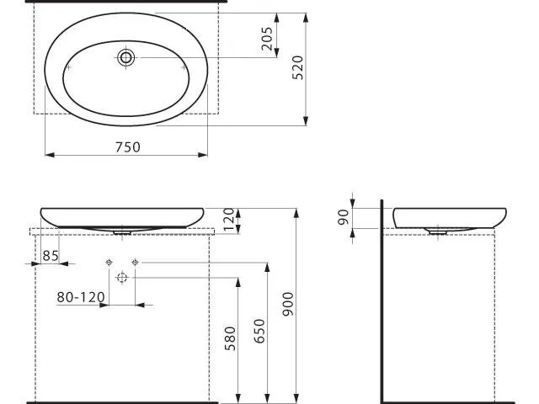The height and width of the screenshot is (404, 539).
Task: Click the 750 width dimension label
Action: (x=128, y=147)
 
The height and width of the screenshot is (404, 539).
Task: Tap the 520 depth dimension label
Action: (x=297, y=67)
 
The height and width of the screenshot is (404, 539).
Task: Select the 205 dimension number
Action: (x=267, y=39)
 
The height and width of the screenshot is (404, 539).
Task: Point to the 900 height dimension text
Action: (x=288, y=304)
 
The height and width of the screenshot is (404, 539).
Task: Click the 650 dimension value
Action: (x=259, y=331)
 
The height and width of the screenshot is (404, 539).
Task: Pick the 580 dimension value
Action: (x=230, y=338)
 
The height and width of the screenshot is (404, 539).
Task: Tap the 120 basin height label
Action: (x=228, y=219)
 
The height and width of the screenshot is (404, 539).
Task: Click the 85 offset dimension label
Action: (x=51, y=256)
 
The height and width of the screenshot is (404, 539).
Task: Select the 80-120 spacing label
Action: (x=81, y=297)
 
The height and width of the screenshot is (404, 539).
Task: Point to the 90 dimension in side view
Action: (x=343, y=217)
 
